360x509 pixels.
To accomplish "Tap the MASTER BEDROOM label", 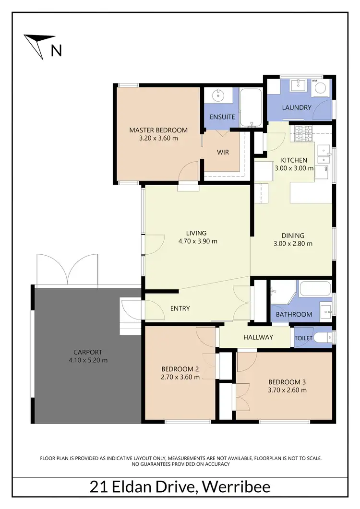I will pos(158,130).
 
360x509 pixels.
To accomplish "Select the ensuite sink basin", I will pos(219,95).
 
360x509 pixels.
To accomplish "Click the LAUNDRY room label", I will pos(296,108).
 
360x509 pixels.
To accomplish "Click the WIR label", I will pos(223,153).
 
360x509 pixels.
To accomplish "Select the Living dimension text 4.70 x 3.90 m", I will pos(197,241).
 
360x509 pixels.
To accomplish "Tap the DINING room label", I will pos(293,236).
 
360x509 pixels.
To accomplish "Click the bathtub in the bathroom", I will pos(315,289).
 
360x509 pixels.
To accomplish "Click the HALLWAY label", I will pos(258,337).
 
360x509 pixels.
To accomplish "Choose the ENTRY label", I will pos(180,308).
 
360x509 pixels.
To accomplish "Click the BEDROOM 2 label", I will pos(180,368).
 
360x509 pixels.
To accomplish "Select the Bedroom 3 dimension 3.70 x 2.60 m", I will pos(287,390).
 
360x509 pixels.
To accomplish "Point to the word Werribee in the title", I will pos(237,487).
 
